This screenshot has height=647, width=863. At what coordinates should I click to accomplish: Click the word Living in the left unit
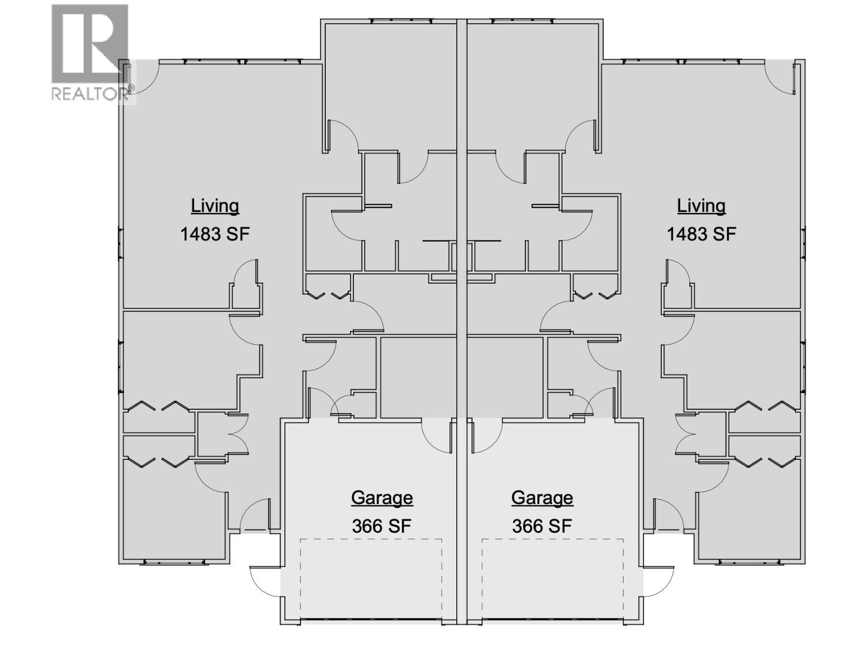coord(215,205)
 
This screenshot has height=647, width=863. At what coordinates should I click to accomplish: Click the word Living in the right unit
coord(701,205)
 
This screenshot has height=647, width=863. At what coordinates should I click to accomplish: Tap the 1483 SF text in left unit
coord(215,234)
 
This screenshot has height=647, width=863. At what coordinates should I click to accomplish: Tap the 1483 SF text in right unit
coord(701,234)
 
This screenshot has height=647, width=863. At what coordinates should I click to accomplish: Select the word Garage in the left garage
coord(382,497)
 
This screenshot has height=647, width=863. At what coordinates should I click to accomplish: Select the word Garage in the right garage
coord(542,497)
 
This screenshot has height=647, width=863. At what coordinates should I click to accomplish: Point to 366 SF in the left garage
coord(382,526)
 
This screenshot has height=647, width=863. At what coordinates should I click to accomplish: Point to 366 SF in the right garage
coord(542,526)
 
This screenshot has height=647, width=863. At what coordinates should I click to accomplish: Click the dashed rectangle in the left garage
coord(371,539)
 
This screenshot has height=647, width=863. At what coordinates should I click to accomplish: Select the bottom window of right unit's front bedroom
coord(750,562)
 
